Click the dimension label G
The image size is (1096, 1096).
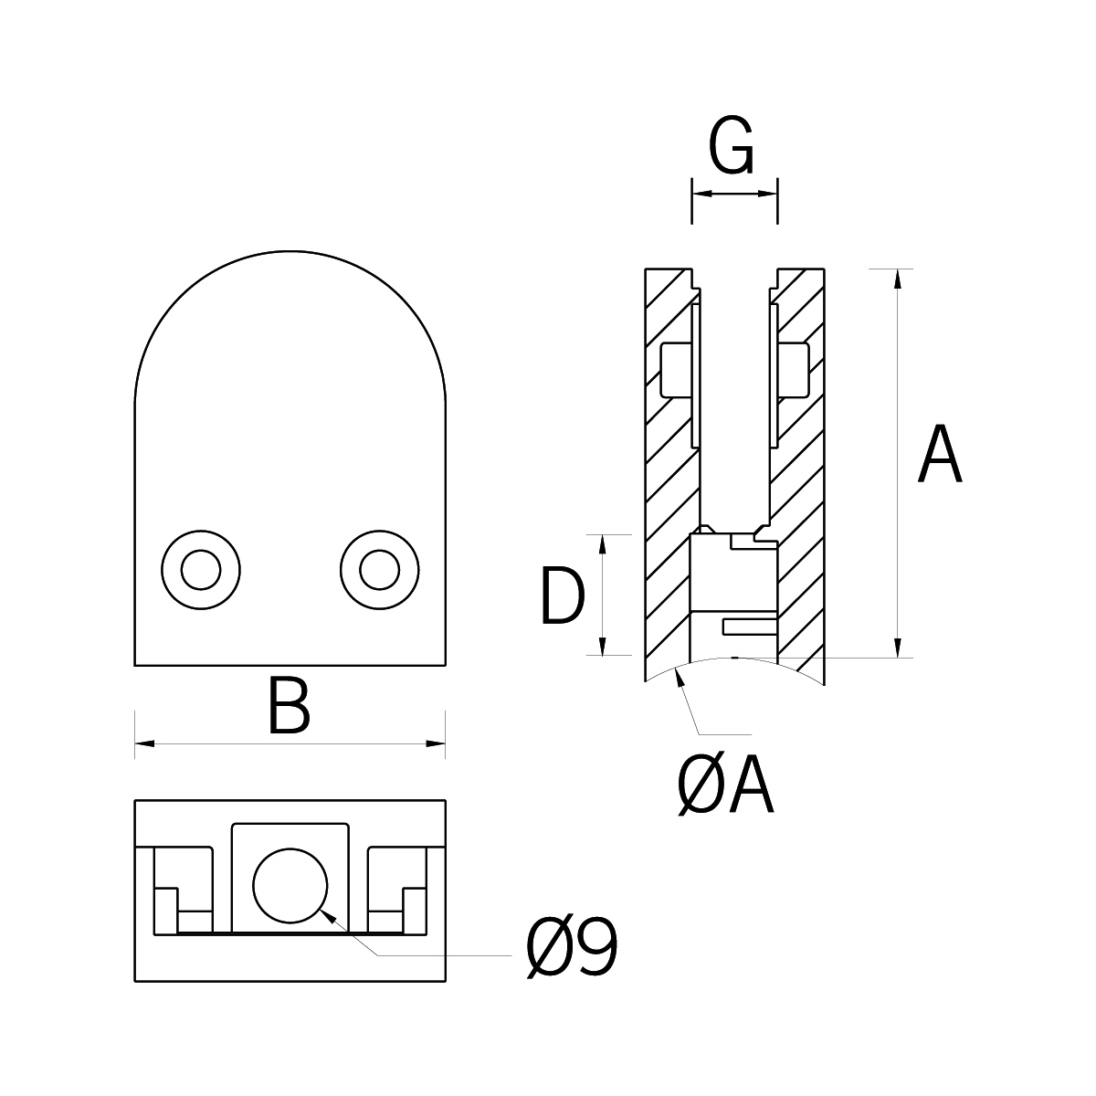coord(732,147)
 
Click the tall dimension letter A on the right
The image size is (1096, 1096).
coord(940,455)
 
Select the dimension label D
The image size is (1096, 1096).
coord(561,595)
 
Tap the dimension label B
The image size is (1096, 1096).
coord(289,705)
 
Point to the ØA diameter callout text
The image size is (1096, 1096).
coord(726,787)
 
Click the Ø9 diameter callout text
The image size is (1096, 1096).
coord(573,948)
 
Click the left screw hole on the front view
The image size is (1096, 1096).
coord(201,570)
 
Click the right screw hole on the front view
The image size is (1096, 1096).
coord(379,570)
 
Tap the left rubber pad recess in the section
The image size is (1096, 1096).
coord(676,370)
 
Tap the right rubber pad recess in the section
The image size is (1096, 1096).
coord(795,370)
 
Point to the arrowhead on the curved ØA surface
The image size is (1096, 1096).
coord(679,676)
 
